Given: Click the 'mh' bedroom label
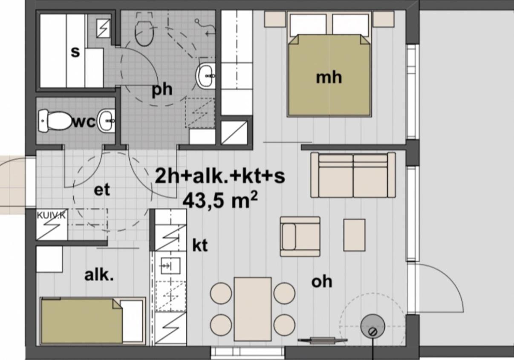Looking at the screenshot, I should click(x=329, y=78).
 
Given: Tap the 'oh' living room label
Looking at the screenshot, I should click(x=322, y=282).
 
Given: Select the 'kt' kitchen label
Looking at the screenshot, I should click(x=200, y=245).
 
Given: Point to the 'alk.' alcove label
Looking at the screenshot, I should click(x=99, y=275).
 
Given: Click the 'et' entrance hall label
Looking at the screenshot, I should click(x=102, y=190).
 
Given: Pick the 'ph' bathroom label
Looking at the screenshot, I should click(x=162, y=90).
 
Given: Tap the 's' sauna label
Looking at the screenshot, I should click(x=75, y=52).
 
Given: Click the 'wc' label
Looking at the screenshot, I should click(x=84, y=122).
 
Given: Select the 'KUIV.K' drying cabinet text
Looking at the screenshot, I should click(x=51, y=215).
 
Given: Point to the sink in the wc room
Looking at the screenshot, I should click(x=107, y=121).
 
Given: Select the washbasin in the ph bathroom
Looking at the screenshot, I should click(x=206, y=76).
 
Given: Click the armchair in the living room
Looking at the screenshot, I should click(x=300, y=236).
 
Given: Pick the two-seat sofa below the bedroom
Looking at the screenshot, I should click(x=353, y=175).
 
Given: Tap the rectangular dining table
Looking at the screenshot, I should click(x=252, y=308).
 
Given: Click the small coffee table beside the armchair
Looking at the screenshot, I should click(x=354, y=235).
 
